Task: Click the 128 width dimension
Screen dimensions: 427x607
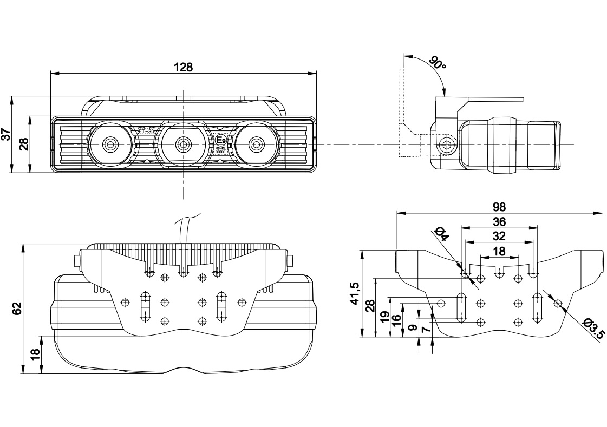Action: click(183, 67)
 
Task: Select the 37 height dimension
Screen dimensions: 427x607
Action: click(6, 134)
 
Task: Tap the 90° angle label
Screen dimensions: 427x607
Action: click(437, 63)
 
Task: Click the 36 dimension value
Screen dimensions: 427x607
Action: click(499, 221)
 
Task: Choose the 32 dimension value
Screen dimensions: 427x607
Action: click(499, 236)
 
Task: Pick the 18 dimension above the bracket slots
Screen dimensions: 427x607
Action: click(499, 251)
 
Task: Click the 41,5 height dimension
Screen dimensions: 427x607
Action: click(355, 294)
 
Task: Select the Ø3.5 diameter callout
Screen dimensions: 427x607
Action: click(594, 329)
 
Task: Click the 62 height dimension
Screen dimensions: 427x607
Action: click(17, 308)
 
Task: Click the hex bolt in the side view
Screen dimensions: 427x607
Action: click(446, 144)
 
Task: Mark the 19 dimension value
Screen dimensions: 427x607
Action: click(383, 317)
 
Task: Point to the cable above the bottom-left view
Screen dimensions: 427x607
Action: click(184, 230)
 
